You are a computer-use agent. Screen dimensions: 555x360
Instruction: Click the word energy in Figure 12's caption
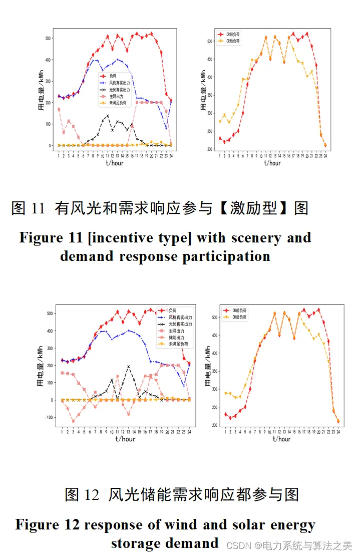(x=292, y=525)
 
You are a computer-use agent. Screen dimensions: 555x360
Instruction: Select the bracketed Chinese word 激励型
(x=259, y=208)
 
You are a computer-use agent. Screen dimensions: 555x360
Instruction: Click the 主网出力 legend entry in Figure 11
(x=119, y=96)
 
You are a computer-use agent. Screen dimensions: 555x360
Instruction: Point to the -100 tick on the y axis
(x=48, y=417)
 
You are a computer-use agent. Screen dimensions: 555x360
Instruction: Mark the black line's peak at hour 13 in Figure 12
(x=129, y=366)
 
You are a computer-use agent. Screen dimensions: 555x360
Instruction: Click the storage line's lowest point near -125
(x=73, y=421)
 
